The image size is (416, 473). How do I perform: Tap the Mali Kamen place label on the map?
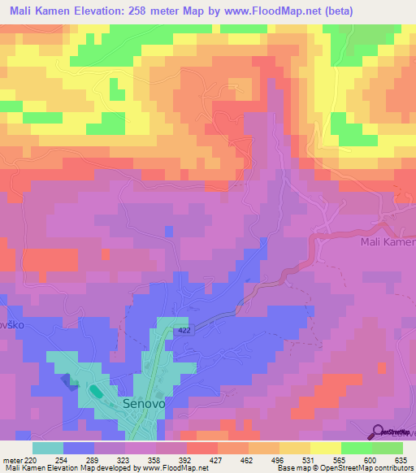387,243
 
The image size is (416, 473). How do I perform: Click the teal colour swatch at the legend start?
47,448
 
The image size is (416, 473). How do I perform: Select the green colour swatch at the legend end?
388,448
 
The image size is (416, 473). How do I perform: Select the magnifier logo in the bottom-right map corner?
379,431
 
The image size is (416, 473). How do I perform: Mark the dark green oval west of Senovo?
96,392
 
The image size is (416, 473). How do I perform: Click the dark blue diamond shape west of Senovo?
71,382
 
